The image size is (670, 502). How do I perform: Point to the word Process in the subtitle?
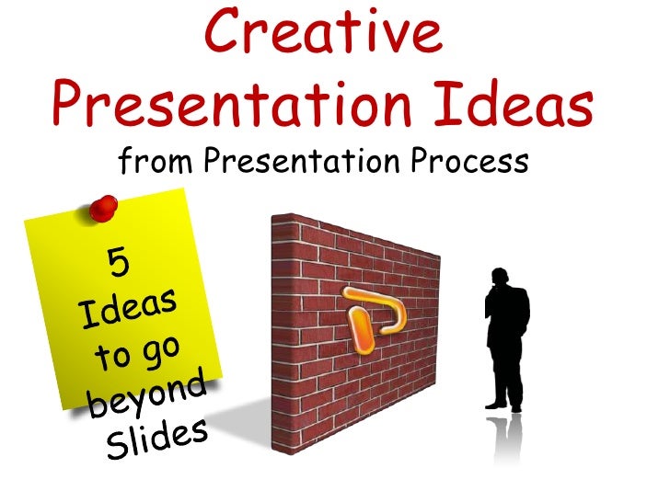click(472, 163)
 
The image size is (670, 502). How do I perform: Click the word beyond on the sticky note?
click(147, 394)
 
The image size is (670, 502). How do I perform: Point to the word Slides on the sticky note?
click(156, 438)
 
